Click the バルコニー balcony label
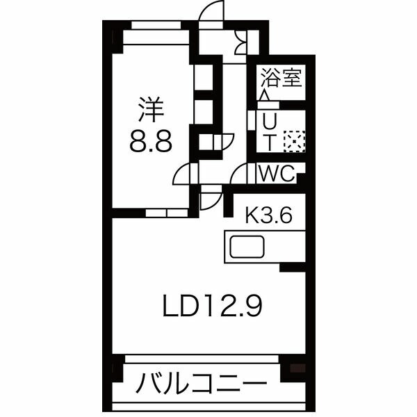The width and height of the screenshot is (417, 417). tap(202, 384)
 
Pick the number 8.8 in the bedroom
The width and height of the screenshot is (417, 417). tap(151, 145)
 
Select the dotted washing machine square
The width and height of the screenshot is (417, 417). tap(295, 141)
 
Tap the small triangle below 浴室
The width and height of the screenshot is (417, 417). tap(265, 95)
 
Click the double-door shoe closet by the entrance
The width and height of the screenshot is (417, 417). tap(242, 44)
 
